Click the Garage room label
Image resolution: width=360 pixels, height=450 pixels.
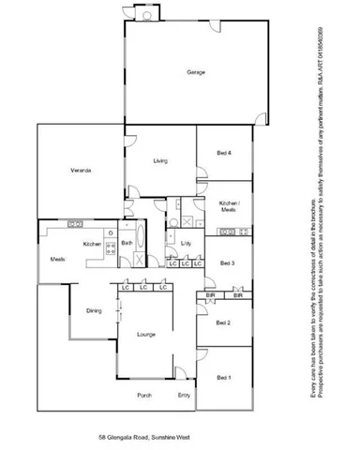195,72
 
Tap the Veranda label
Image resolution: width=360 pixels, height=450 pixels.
79,170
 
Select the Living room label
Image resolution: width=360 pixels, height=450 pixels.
160,162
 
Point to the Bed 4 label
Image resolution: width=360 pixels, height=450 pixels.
223,153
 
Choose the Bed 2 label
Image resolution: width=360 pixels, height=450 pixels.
223,322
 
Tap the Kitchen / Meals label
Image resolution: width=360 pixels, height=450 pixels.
229,206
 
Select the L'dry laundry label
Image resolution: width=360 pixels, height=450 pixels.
186,244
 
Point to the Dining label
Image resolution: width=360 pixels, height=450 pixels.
94,310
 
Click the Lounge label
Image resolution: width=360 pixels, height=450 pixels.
145,334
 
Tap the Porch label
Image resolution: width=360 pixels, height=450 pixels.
144,395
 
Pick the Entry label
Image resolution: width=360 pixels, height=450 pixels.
183,395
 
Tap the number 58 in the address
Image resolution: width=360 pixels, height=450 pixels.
102,437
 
